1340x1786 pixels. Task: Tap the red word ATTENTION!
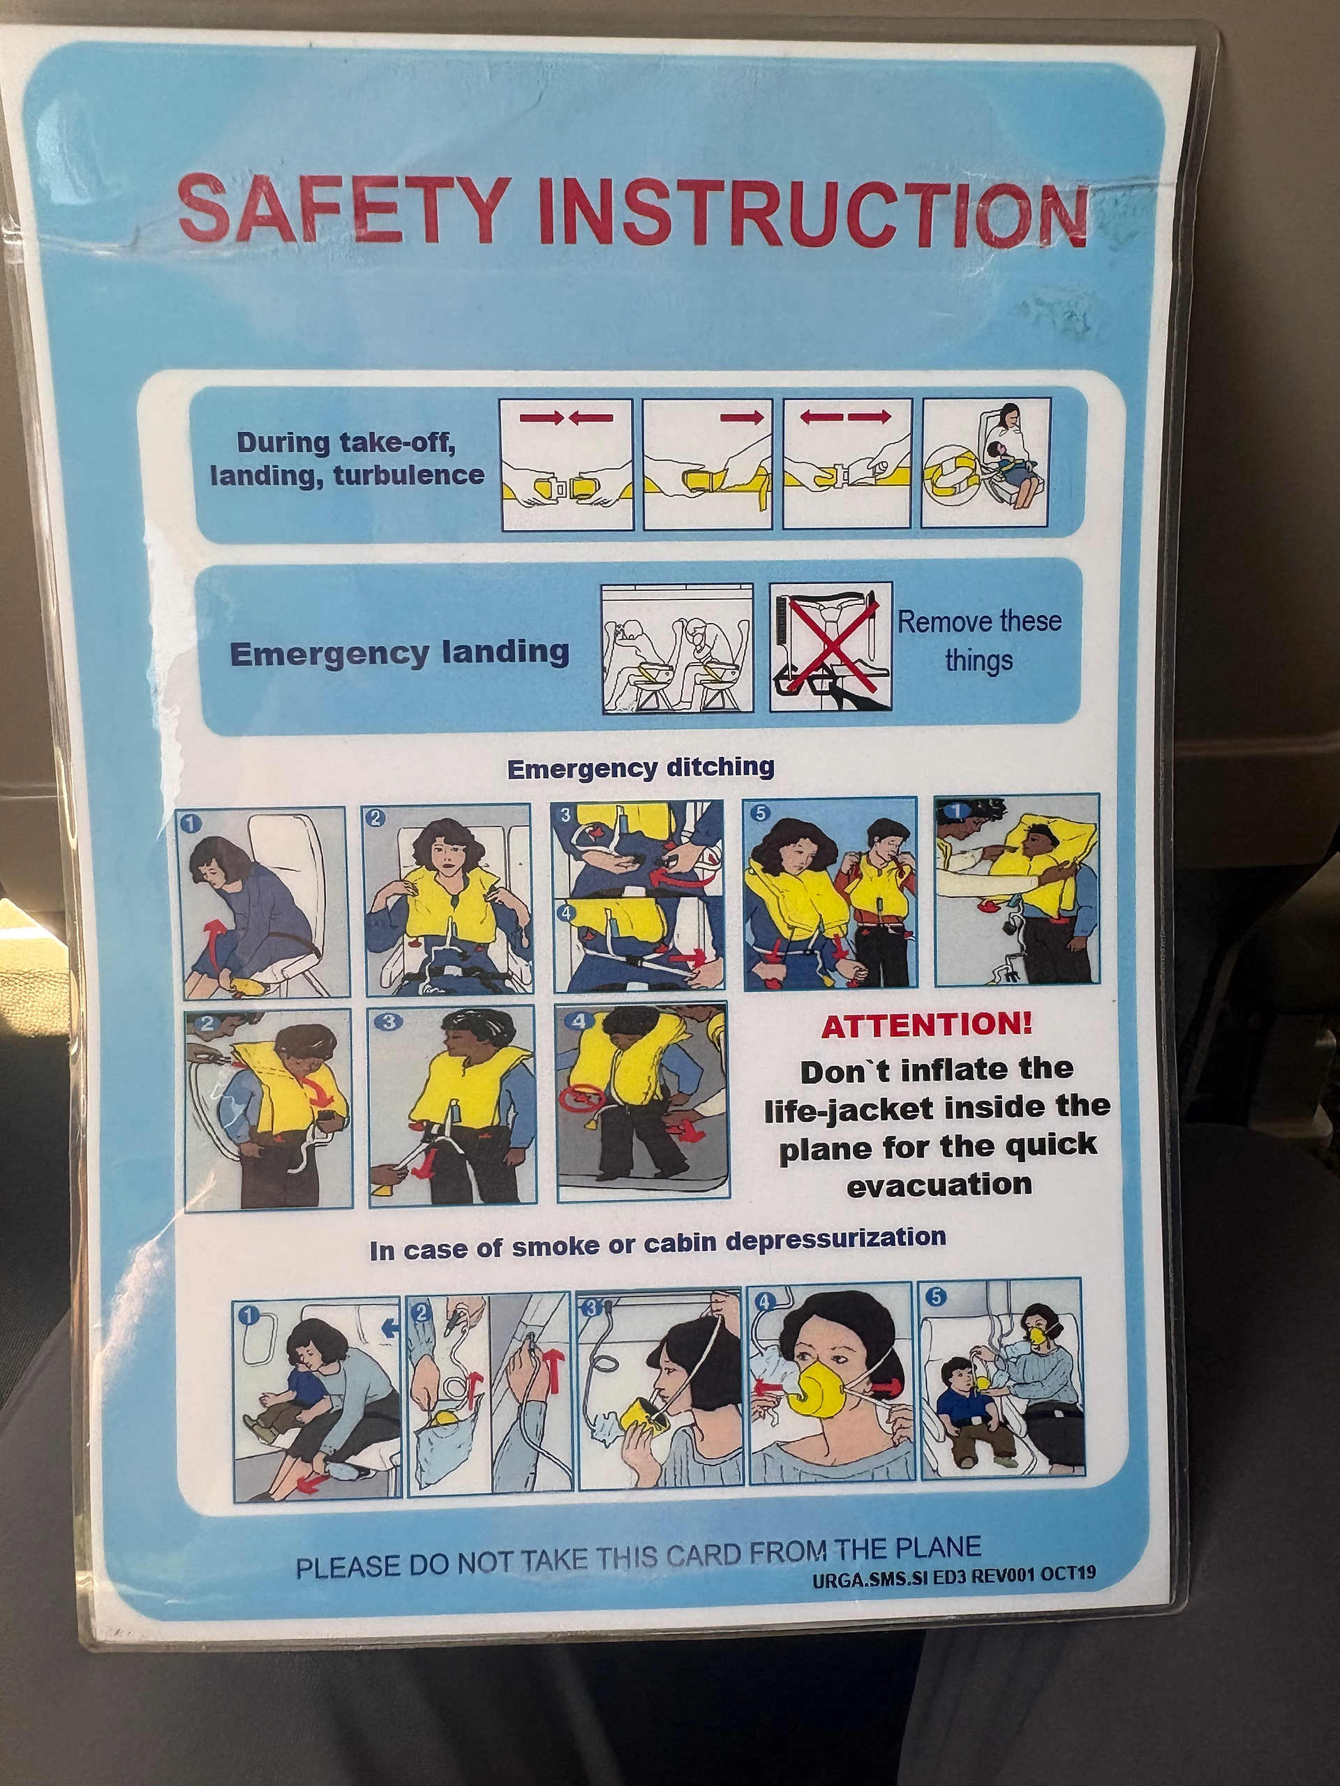point(926,1026)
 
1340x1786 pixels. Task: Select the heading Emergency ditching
point(641,767)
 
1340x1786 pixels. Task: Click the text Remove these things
point(980,640)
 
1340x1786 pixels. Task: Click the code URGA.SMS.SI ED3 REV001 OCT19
point(954,1575)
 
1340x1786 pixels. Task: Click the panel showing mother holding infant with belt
point(986,463)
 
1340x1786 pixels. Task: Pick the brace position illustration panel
point(677,648)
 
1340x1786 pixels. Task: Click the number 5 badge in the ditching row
point(760,812)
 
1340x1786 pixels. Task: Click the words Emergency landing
point(400,652)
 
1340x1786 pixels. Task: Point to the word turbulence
point(409,475)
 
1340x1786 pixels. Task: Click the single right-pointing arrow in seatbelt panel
point(741,417)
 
